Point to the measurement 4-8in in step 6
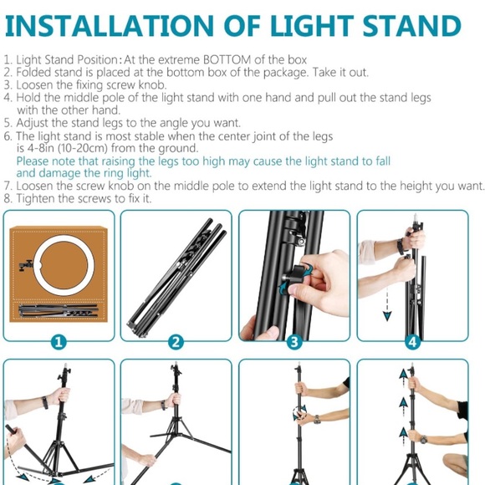40,148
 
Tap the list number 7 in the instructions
8,185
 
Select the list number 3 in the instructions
8,84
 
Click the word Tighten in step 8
35,198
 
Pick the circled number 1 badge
58,341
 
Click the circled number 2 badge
176,341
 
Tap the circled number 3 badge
294,341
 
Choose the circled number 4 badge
412,341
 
